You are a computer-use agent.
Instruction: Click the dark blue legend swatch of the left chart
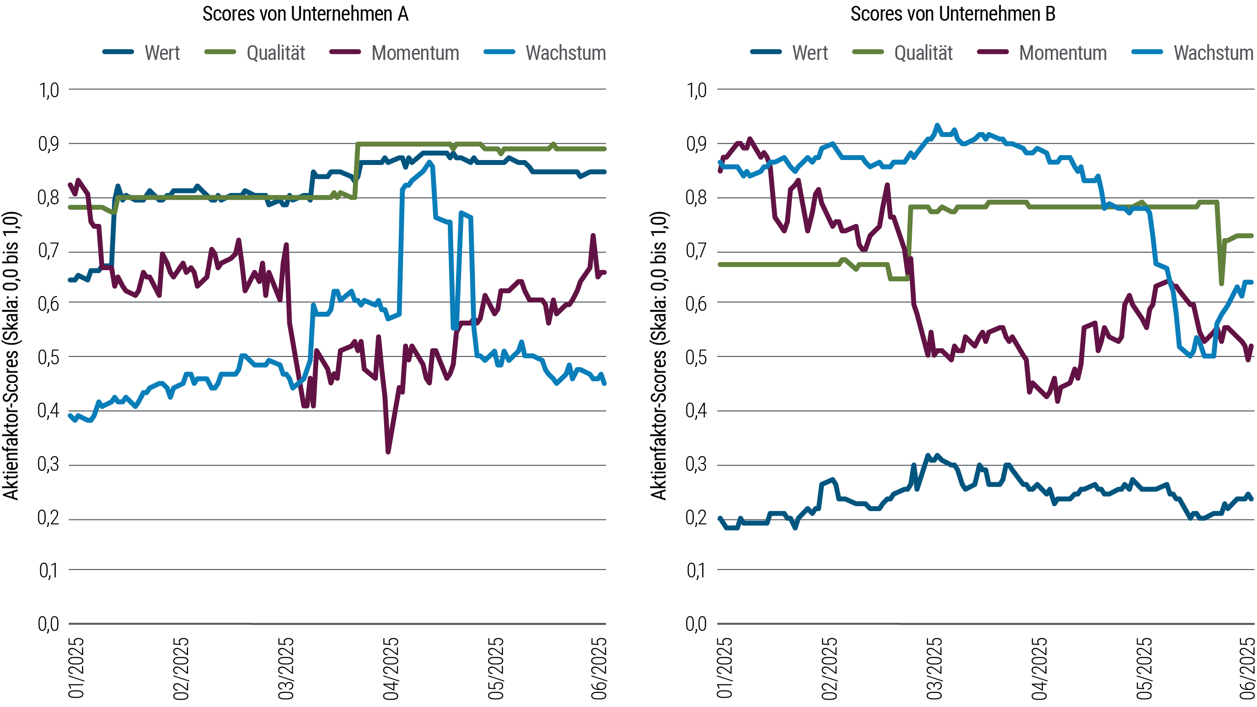tap(124, 52)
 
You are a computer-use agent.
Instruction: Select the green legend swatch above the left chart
tap(225, 52)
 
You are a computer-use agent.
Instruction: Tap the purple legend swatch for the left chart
tap(351, 52)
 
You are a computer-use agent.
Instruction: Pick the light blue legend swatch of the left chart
tap(505, 52)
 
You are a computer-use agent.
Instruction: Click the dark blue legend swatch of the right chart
tap(772, 52)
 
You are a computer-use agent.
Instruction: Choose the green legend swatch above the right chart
tap(874, 52)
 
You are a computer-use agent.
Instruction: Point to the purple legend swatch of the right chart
tap(998, 52)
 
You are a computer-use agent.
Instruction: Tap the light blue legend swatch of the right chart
tap(1153, 52)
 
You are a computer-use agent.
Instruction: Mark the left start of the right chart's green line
tap(720, 264)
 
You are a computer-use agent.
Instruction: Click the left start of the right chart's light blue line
tap(720, 162)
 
